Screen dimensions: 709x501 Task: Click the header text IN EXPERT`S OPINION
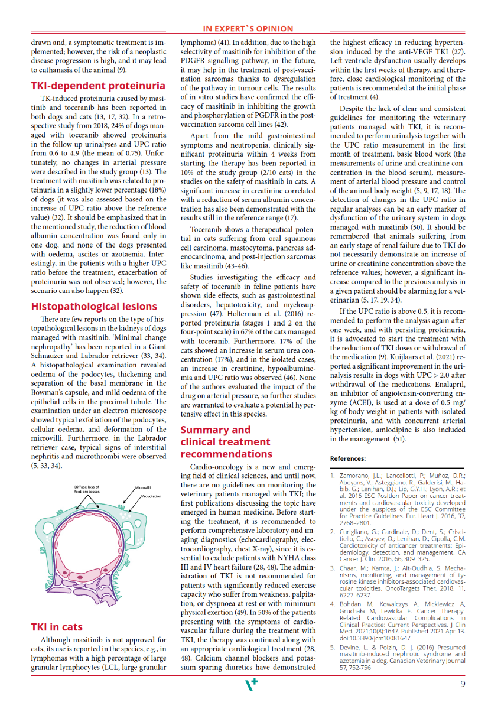(248, 28)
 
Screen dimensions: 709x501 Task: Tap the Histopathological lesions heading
(94, 306)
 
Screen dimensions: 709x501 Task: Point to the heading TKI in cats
(57, 627)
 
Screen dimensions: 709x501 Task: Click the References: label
(348, 458)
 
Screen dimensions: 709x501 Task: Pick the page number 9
(464, 684)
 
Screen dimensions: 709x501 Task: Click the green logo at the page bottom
(251, 685)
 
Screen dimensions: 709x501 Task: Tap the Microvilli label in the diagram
(144, 488)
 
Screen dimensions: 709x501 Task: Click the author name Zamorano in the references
(354, 475)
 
